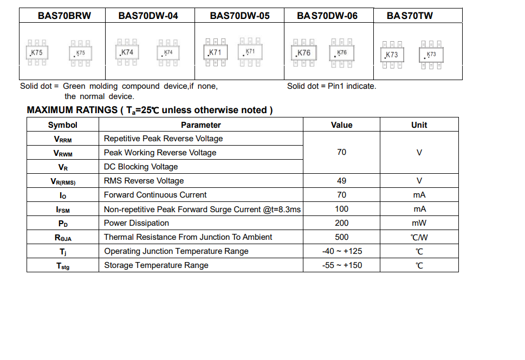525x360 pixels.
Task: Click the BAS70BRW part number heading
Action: [x=64, y=16]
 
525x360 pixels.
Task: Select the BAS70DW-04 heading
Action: [x=148, y=16]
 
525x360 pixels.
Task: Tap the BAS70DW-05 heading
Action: [x=239, y=16]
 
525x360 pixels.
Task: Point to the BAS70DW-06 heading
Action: [x=327, y=16]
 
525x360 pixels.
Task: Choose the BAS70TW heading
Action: [x=410, y=16]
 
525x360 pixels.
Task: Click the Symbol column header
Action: [x=63, y=125]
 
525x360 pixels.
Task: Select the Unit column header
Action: [x=419, y=125]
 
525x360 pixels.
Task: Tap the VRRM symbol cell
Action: [x=63, y=139]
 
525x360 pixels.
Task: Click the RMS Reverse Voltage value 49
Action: [x=341, y=181]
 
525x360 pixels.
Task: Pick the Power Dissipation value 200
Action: [x=341, y=223]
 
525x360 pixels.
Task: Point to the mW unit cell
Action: [x=419, y=223]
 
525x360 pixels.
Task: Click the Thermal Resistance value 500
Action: [x=341, y=237]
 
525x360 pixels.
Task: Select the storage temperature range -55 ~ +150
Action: [x=341, y=265]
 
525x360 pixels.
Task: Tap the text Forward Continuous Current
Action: [x=155, y=195]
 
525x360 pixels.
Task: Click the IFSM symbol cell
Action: [x=63, y=210]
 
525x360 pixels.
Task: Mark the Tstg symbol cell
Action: [x=63, y=266]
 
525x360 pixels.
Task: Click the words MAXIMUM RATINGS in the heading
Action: [x=73, y=110]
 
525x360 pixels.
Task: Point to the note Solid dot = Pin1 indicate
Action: [x=332, y=86]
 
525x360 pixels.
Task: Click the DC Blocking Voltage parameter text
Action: [x=141, y=167]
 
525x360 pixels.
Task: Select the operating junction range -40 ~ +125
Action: [x=341, y=251]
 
